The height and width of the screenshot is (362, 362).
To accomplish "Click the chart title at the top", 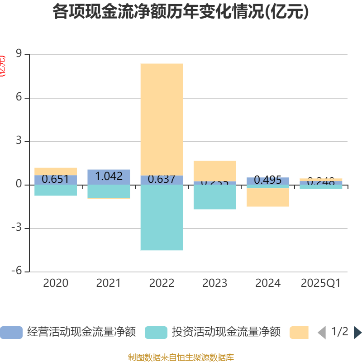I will pos(181,12).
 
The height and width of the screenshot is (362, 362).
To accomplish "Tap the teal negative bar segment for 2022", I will pos(162,218).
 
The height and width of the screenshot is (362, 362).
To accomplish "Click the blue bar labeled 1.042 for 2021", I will pos(109,176).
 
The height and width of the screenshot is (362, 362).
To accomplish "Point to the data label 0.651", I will pos(55,179).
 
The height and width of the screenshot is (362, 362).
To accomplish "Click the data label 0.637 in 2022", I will pos(162,179).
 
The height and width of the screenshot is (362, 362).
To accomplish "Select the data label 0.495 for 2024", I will pos(268,180).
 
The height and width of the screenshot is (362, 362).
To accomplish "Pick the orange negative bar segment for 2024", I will pos(268,197).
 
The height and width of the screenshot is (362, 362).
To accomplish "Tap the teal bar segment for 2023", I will pos(214,197).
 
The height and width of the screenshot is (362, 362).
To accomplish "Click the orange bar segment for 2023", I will pos(214,171).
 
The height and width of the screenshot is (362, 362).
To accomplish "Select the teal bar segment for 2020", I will pos(55,190).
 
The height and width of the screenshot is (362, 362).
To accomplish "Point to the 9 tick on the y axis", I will pos(19,55).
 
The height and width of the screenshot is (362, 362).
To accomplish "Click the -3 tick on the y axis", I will pos(17,229).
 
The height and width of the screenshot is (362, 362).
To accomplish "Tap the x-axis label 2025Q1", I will pos(320,283).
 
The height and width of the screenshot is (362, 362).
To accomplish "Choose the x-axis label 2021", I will pos(109,283).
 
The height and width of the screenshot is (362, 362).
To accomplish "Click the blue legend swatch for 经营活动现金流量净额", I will pos(11,333).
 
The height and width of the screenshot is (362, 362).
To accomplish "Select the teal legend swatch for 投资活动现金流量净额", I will pos(156,333).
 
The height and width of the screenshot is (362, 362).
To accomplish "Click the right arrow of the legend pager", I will pos(357,333).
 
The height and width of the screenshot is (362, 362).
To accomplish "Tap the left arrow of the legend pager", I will pos(322,333).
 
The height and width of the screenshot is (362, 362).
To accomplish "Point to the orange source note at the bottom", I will pos(181,357).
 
